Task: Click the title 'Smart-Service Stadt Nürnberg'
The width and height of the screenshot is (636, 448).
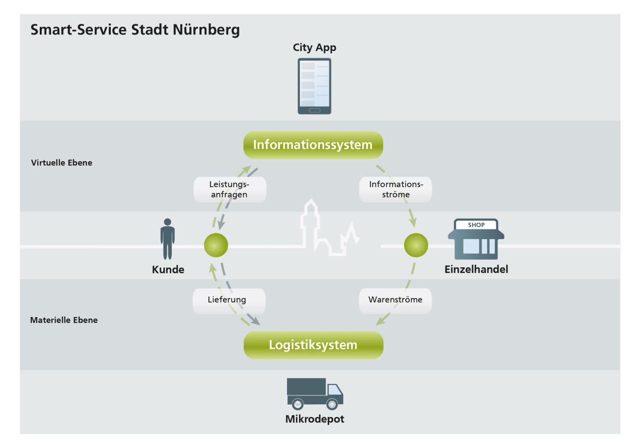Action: [135, 29]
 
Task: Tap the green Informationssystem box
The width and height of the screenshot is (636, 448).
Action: [313, 145]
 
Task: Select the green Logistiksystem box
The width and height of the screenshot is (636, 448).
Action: [313, 345]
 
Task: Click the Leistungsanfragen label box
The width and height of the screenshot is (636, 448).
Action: [230, 189]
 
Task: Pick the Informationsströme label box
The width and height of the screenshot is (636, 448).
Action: [396, 189]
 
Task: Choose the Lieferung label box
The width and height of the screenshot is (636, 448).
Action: [229, 300]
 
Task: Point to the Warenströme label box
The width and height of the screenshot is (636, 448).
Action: [395, 300]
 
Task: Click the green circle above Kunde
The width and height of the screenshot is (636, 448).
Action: [216, 245]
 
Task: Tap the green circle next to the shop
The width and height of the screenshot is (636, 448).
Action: [415, 245]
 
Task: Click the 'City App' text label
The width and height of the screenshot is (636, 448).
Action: [315, 48]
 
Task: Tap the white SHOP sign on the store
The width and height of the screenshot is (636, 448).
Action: [476, 225]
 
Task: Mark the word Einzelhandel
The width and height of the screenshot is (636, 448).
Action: [476, 269]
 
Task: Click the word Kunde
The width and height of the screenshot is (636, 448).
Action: [168, 269]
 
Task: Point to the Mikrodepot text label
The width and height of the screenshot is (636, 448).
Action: [315, 419]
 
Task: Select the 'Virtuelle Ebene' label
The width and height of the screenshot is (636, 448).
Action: [62, 163]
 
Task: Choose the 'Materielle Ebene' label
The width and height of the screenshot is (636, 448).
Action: [64, 320]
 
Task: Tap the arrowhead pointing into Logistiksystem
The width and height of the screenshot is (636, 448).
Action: [379, 323]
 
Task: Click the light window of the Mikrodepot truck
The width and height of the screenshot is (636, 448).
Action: [334, 390]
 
